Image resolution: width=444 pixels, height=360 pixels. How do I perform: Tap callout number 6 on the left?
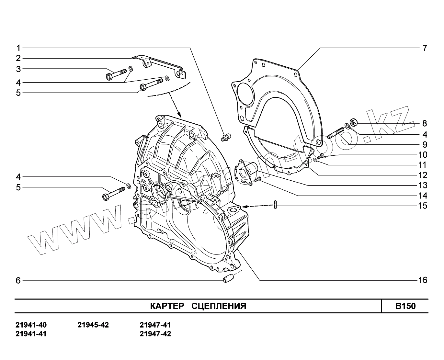click(18, 281)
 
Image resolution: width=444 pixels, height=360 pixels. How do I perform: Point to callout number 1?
click(18, 48)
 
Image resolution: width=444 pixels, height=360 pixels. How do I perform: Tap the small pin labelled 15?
click(275, 205)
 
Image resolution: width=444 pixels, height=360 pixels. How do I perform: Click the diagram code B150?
click(405, 306)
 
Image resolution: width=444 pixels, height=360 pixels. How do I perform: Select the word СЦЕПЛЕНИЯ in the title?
click(219, 306)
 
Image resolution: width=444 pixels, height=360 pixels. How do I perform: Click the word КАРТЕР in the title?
click(167, 306)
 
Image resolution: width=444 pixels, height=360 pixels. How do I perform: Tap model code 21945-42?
click(93, 325)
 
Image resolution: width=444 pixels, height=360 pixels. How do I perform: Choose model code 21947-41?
click(155, 325)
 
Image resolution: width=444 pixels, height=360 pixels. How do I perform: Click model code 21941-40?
click(31, 325)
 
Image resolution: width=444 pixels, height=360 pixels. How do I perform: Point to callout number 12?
click(423, 175)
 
